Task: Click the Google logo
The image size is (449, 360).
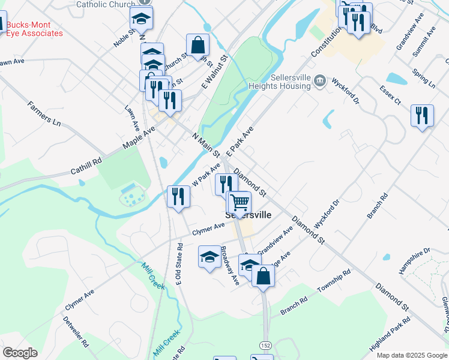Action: pos(20,353)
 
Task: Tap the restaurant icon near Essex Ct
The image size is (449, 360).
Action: pos(422,115)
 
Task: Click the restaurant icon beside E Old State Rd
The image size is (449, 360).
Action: pos(178,196)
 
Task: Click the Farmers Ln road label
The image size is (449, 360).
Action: pos(44,114)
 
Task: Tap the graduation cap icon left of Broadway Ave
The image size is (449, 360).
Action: pos(209,256)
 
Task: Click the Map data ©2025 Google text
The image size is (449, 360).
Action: pos(412,355)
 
